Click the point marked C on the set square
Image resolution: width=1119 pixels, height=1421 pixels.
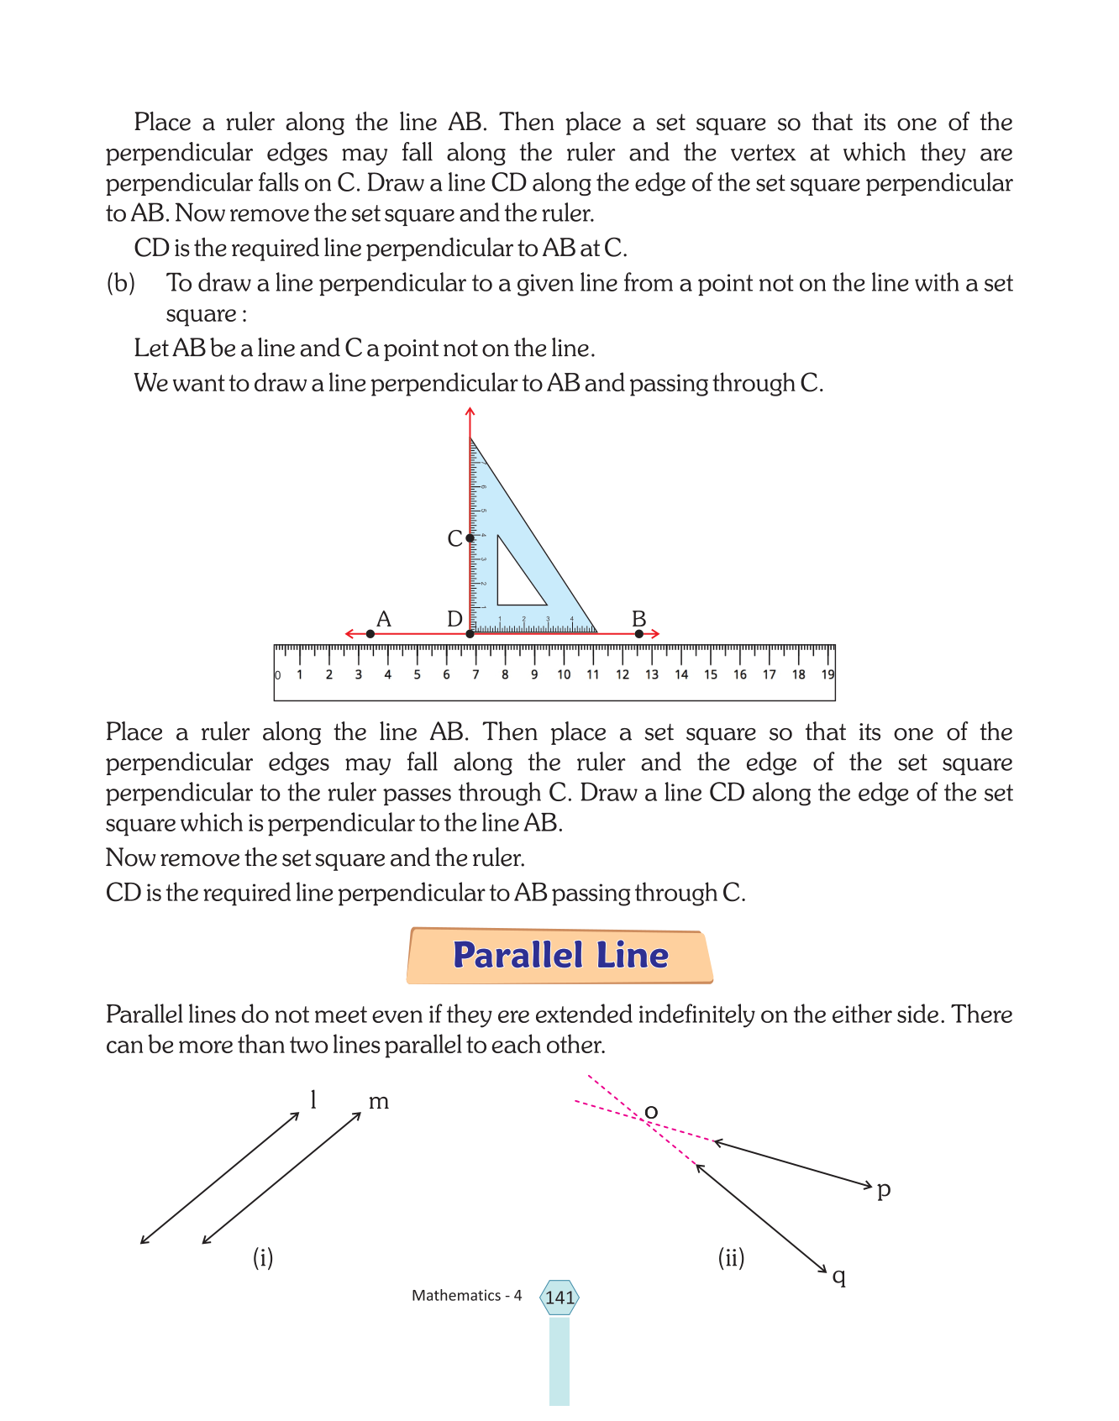(470, 537)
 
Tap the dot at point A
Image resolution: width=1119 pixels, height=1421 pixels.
(370, 634)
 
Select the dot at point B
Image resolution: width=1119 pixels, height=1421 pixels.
(639, 634)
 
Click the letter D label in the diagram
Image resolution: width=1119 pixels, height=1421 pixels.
(454, 619)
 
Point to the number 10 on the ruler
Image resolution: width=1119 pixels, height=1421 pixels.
(564, 674)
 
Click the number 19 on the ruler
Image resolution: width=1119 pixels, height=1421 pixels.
(827, 674)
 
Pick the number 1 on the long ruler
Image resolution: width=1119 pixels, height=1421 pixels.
(300, 674)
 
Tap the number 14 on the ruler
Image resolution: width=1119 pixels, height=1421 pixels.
(681, 674)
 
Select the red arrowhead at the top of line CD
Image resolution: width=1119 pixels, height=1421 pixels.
(470, 412)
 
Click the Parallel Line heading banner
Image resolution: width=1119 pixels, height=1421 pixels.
(559, 956)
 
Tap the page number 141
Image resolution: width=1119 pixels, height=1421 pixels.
(559, 1298)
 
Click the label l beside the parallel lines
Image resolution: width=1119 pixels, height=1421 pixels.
(313, 1099)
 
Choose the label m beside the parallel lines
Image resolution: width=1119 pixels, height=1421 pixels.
(379, 1101)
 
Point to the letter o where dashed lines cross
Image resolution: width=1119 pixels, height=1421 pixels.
(651, 1114)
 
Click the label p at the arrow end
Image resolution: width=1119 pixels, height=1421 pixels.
(884, 1189)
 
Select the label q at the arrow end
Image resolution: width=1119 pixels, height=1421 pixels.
(838, 1277)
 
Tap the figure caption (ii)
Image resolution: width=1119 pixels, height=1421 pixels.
(731, 1257)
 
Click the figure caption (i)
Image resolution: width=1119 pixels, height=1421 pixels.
(263, 1257)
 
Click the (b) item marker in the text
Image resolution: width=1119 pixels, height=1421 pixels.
(121, 283)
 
